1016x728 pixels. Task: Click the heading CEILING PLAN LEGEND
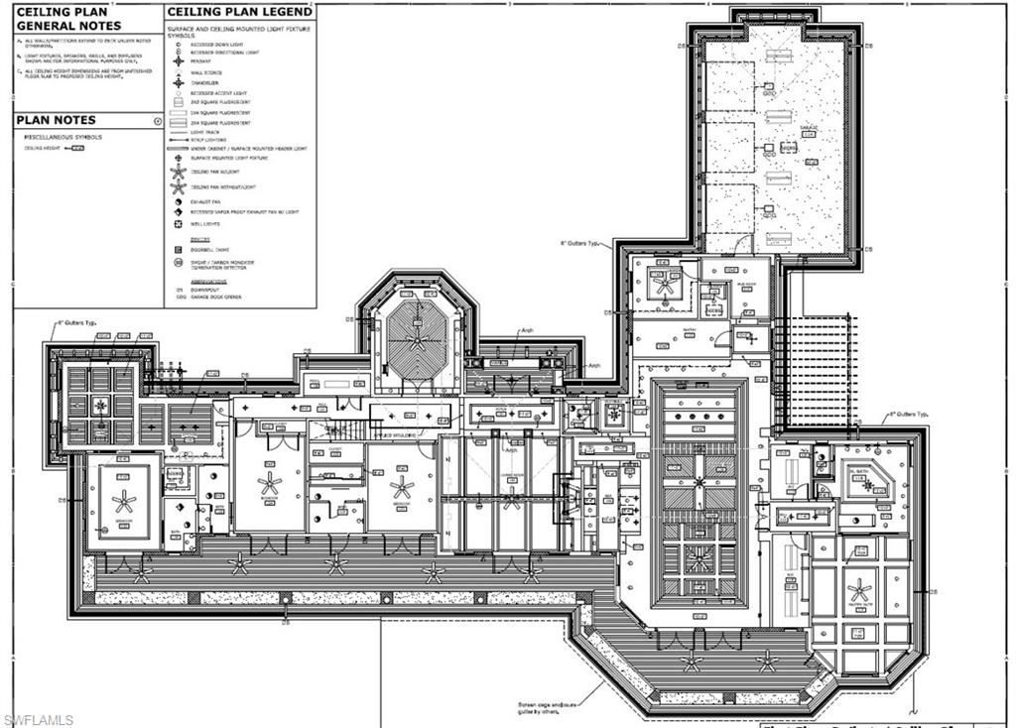click(x=239, y=12)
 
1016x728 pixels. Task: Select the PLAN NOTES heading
click(x=56, y=120)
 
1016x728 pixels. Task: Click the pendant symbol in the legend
click(x=178, y=61)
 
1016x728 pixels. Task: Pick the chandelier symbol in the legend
click(x=178, y=82)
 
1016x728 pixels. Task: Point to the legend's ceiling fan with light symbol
click(x=178, y=172)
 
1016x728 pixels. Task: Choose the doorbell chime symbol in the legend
click(x=178, y=249)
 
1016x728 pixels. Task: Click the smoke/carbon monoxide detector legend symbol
click(x=178, y=264)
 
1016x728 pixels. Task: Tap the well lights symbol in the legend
click(x=178, y=224)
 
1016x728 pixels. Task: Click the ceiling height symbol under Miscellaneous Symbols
click(x=78, y=148)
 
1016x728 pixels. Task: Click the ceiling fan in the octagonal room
click(x=417, y=338)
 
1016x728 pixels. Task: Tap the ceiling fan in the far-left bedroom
click(x=123, y=501)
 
